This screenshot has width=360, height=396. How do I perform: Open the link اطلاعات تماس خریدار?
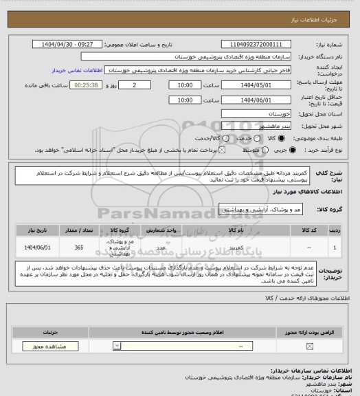pos(77,71)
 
